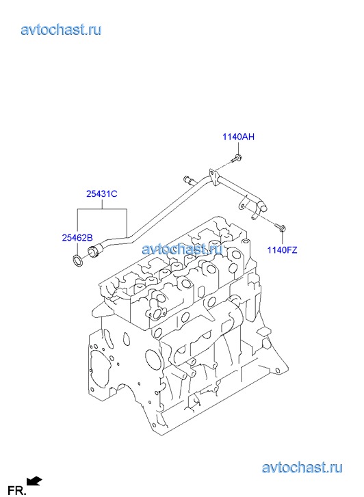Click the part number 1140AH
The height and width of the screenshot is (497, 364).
(238, 137)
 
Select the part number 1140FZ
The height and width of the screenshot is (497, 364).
(282, 250)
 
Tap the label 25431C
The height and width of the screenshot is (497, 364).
(101, 193)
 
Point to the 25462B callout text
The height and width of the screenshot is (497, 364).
(77, 237)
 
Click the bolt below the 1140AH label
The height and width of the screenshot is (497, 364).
(237, 158)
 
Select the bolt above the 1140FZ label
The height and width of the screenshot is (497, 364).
(281, 227)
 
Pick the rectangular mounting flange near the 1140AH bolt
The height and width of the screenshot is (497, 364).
(213, 178)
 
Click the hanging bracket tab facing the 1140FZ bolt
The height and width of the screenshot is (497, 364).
(244, 204)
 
